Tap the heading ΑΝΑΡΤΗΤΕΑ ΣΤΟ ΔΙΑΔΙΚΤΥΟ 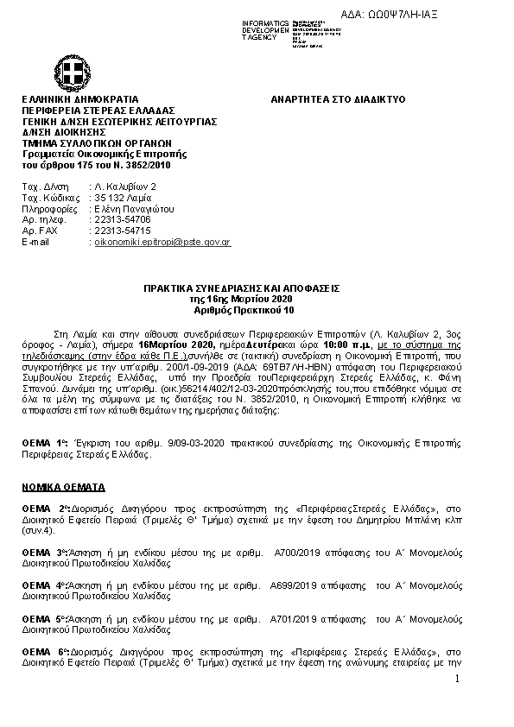click(338, 100)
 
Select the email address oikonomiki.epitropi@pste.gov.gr click(162, 243)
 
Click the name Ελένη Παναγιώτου click(134, 209)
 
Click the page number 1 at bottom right click(457, 680)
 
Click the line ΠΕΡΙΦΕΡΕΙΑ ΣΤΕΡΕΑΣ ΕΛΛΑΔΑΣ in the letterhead click(98, 111)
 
